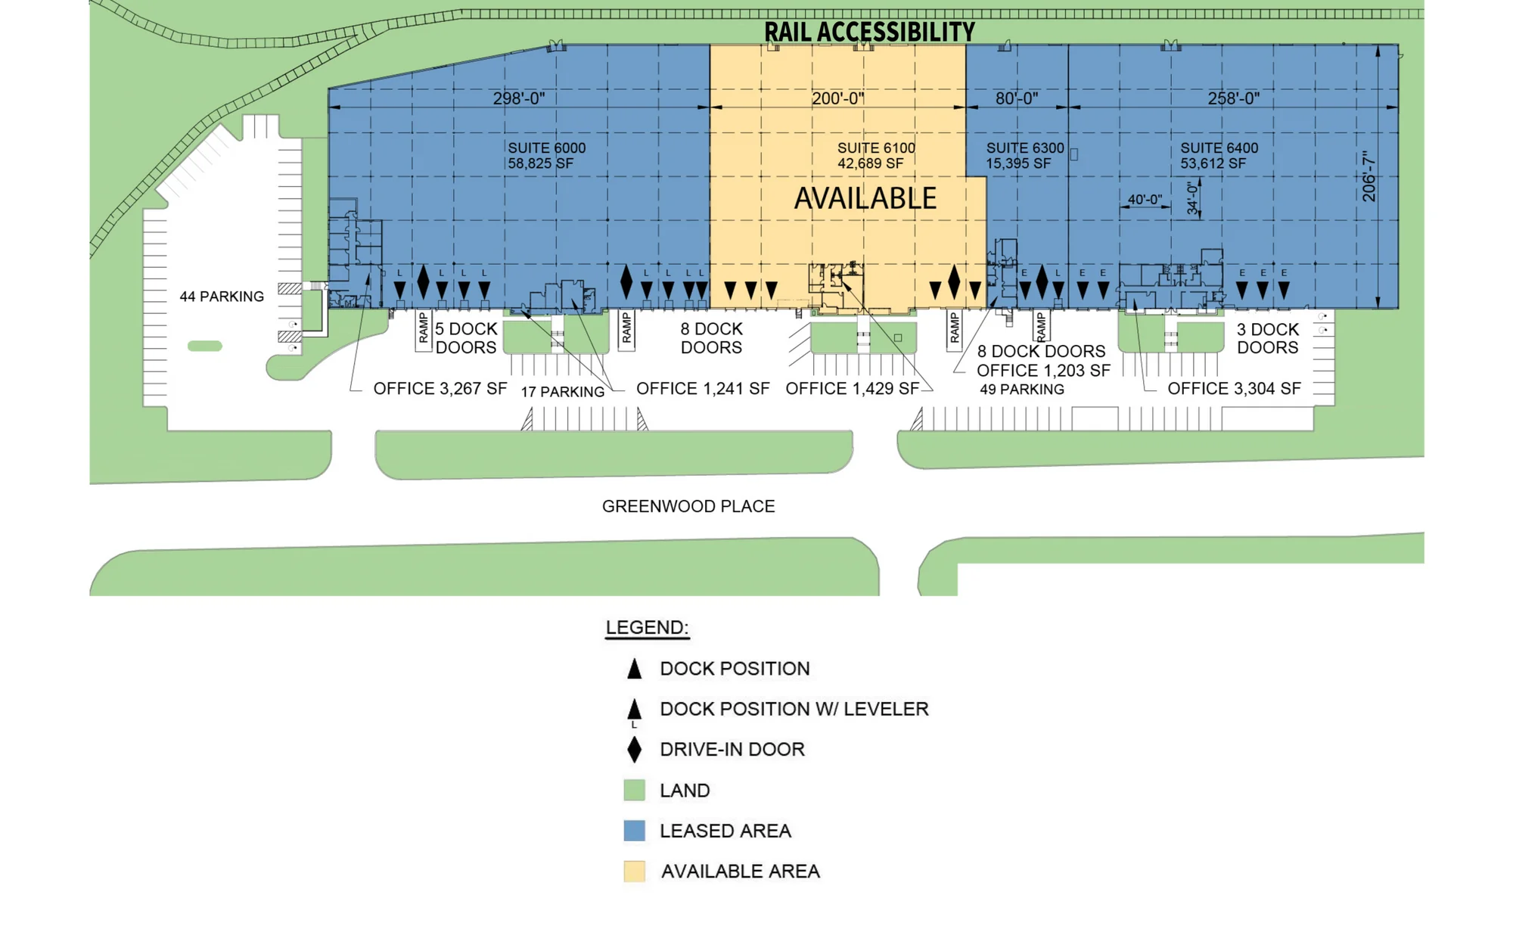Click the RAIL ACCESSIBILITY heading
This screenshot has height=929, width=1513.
click(869, 32)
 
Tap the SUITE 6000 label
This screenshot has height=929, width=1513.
click(546, 148)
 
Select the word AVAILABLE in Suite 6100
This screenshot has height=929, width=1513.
click(865, 198)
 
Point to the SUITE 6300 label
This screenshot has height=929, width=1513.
click(1025, 148)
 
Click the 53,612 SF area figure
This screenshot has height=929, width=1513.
click(1213, 163)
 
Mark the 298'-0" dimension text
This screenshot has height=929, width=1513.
click(519, 98)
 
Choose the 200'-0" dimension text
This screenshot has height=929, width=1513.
click(837, 98)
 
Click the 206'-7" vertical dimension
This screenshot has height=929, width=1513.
click(1369, 177)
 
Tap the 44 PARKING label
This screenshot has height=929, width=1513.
click(222, 297)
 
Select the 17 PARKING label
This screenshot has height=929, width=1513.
click(563, 392)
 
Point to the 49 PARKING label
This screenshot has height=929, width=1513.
click(1022, 390)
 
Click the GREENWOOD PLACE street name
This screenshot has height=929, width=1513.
click(688, 506)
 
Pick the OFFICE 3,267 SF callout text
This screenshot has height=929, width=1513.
click(440, 389)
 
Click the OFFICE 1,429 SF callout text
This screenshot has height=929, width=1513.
click(853, 389)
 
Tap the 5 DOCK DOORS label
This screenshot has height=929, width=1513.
click(466, 338)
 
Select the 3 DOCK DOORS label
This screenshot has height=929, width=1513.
click(1268, 338)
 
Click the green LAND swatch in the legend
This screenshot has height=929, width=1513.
click(635, 791)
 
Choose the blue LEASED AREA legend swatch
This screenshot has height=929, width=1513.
click(635, 831)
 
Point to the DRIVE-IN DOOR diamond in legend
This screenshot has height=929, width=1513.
click(635, 750)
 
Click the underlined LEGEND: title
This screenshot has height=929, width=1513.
click(648, 628)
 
